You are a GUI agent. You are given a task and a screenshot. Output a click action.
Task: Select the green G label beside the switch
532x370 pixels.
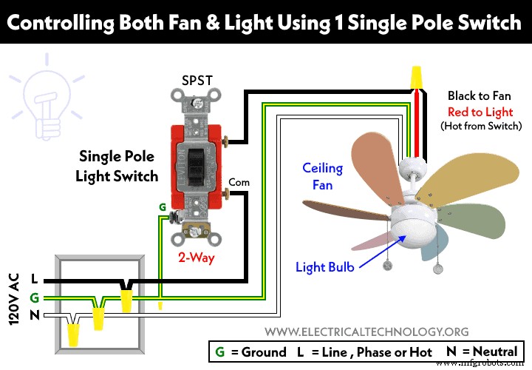(x=162, y=209)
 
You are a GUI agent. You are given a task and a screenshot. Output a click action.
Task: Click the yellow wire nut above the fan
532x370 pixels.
(x=418, y=75)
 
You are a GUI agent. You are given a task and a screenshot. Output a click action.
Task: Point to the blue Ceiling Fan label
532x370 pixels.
(x=322, y=175)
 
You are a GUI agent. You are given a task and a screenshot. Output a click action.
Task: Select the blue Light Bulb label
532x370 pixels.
(x=326, y=266)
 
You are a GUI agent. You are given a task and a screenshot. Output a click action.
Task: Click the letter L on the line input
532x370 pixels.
(x=35, y=280)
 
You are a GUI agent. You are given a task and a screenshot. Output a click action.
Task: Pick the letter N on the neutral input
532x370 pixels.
(x=35, y=315)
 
